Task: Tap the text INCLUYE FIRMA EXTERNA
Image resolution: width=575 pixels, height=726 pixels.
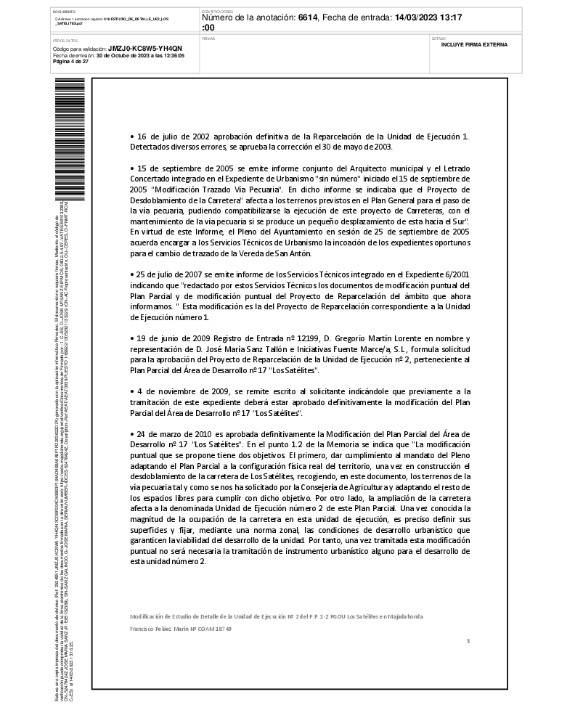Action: [474, 45]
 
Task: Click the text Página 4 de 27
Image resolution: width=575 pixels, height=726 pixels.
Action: [71, 62]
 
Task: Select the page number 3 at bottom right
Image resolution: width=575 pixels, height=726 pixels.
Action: [468, 641]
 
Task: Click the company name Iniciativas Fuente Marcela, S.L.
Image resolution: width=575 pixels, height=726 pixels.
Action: [356, 348]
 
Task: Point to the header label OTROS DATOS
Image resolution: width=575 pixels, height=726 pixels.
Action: [65, 41]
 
